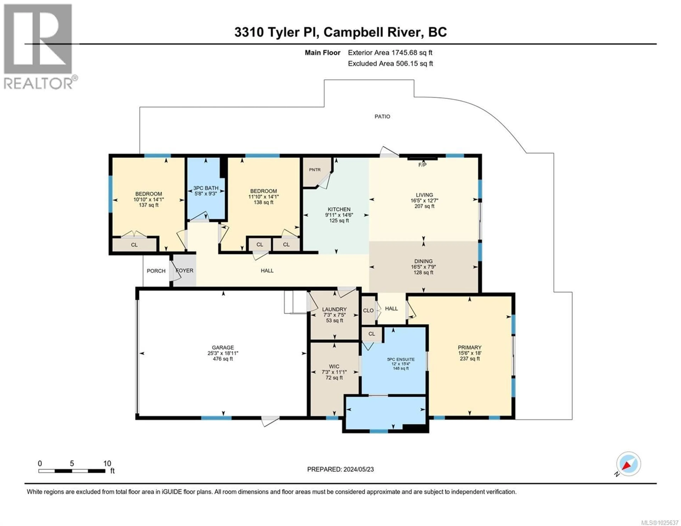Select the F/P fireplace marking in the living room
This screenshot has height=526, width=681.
pos(422,165)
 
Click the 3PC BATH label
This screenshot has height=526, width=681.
pos(206,188)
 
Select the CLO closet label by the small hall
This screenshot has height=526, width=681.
pos(368,311)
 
